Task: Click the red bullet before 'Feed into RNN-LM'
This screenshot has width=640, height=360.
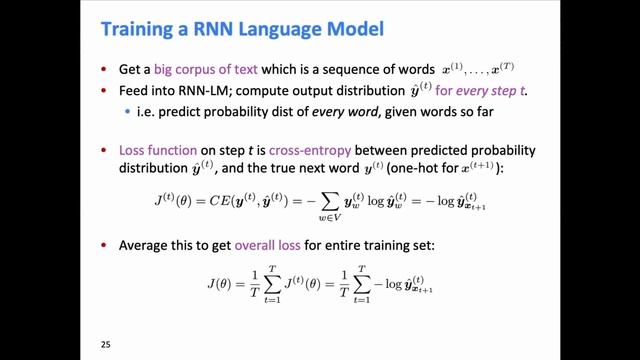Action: pos(107,91)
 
